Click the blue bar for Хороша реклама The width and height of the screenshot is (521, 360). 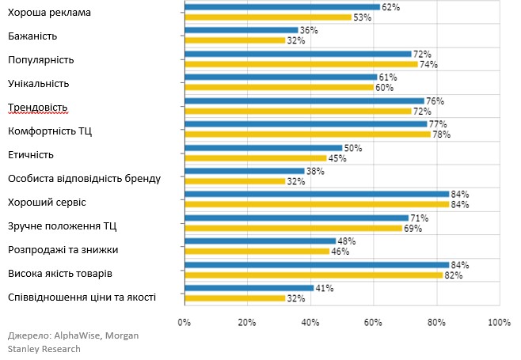tap(282, 6)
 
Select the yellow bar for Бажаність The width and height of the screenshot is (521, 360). tap(234, 40)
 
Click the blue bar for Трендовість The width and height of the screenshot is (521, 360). tap(304, 100)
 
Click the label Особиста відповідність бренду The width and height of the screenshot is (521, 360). tap(84, 178)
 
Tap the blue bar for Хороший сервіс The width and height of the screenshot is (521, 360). tap(317, 194)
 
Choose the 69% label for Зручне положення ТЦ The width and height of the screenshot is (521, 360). tap(413, 228)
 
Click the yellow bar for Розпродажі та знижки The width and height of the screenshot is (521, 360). tap(257, 251)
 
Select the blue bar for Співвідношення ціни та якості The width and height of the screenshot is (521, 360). tap(249, 288)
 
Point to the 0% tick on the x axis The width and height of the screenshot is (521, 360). tap(184, 322)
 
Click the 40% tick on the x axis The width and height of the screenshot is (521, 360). tap(310, 322)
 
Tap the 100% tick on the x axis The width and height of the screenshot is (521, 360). tap(499, 322)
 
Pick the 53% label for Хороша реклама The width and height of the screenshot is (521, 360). tap(362, 17)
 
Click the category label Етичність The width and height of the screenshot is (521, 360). tap(31, 154)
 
